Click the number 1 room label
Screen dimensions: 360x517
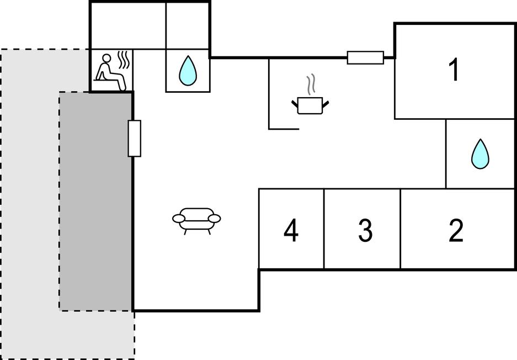454,70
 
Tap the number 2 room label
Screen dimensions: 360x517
456,231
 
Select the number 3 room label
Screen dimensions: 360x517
365,231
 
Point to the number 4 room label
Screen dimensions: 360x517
291,231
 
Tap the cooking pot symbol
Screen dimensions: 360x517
310,104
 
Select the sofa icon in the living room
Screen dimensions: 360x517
196,220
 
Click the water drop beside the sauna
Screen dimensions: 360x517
188,70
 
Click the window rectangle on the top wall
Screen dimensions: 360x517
365,57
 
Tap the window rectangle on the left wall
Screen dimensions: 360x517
134,138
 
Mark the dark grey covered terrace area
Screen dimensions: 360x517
95,202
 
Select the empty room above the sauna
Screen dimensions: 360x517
127,25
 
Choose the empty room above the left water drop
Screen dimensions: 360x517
188,25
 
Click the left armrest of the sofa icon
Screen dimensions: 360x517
179,219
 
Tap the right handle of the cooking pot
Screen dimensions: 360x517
326,103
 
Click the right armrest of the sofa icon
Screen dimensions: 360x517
215,219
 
